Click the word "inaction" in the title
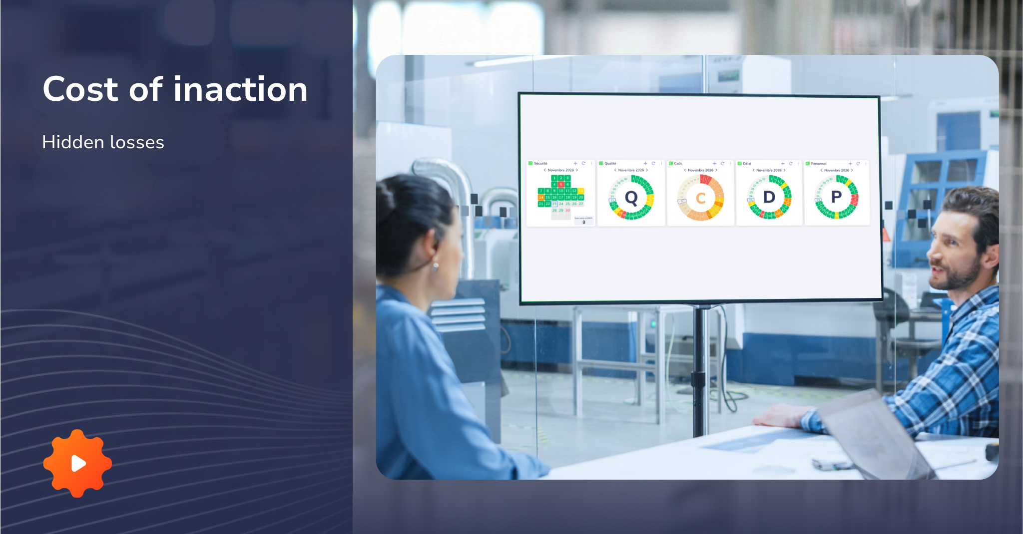pyautogui.click(x=240, y=89)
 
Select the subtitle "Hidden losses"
pyautogui.click(x=103, y=142)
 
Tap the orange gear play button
pyautogui.click(x=78, y=464)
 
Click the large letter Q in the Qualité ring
pyautogui.click(x=631, y=198)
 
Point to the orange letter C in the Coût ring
pyautogui.click(x=700, y=198)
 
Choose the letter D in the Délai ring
pyautogui.click(x=769, y=197)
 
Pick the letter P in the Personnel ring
pyautogui.click(x=836, y=197)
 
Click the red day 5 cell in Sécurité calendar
pyautogui.click(x=561, y=185)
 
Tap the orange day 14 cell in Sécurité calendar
pyautogui.click(x=541, y=198)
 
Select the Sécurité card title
pyautogui.click(x=540, y=163)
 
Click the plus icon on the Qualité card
pyautogui.click(x=645, y=163)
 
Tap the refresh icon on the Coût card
pyautogui.click(x=722, y=163)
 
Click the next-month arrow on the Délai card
pyautogui.click(x=785, y=170)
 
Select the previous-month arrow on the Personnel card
pyautogui.click(x=821, y=170)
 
